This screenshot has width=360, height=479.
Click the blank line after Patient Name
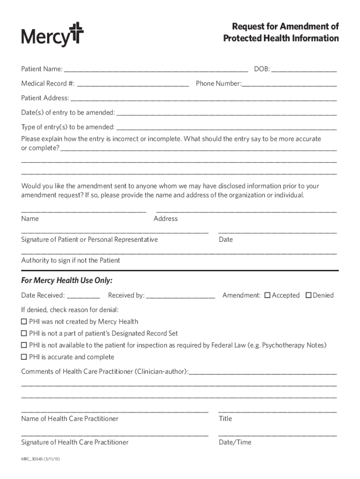(156, 70)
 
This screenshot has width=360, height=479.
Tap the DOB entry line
(304, 70)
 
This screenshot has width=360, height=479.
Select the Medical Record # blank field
(133, 85)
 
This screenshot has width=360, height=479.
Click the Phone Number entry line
(289, 85)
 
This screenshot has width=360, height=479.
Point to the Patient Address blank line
(203, 99)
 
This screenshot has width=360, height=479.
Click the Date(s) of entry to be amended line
(226, 113)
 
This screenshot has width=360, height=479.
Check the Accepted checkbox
(267, 295)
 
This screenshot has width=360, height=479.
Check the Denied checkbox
(309, 295)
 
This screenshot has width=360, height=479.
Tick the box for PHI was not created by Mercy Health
(24, 322)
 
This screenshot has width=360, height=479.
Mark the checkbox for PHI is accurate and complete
(24, 357)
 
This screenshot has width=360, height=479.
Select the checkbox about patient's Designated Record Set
(24, 334)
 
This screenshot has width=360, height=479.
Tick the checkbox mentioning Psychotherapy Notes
(24, 345)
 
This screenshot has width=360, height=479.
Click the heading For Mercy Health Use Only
(67, 281)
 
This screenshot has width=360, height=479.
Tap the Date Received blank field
(84, 296)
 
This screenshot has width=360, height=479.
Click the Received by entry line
(180, 296)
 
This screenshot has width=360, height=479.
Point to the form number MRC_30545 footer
(40, 459)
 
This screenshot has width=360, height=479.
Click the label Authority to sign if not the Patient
(71, 261)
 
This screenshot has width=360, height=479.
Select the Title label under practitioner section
(225, 419)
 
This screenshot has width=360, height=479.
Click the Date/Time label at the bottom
(235, 443)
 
